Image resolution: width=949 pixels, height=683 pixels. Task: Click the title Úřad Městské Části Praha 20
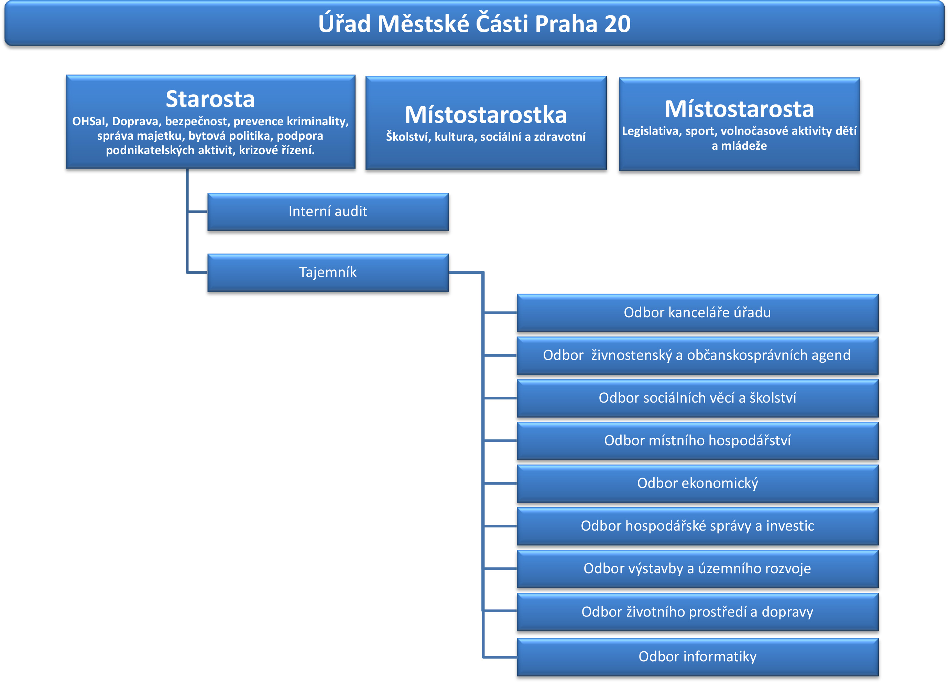pyautogui.click(x=474, y=23)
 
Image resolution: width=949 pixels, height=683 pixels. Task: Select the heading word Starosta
pyautogui.click(x=210, y=99)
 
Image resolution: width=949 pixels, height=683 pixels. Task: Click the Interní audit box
pyautogui.click(x=328, y=212)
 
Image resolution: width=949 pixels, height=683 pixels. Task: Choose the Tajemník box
pyautogui.click(x=328, y=272)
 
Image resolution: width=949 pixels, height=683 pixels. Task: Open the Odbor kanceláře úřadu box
pyautogui.click(x=698, y=313)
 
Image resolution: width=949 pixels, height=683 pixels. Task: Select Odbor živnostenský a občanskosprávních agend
pyautogui.click(x=698, y=355)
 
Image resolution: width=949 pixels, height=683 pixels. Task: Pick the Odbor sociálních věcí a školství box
pyautogui.click(x=698, y=398)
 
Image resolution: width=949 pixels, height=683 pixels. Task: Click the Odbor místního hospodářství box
pyautogui.click(x=698, y=441)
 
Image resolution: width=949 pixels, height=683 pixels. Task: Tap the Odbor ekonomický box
pyautogui.click(x=698, y=484)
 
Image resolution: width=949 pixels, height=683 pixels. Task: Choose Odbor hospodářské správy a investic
pyautogui.click(x=698, y=526)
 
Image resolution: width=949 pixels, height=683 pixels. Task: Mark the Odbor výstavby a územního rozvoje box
pyautogui.click(x=698, y=569)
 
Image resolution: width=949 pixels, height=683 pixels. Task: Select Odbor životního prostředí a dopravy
pyautogui.click(x=698, y=612)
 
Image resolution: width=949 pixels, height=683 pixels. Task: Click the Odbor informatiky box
pyautogui.click(x=698, y=657)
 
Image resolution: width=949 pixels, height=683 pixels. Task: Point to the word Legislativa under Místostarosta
pyautogui.click(x=652, y=131)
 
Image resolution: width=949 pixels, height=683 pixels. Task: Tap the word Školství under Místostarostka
pyautogui.click(x=408, y=137)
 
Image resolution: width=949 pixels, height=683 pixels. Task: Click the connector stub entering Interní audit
pyautogui.click(x=197, y=212)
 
